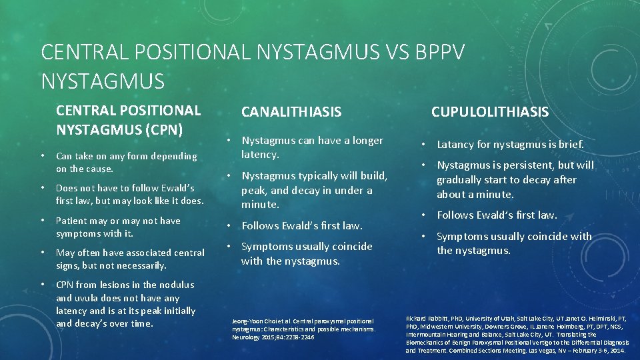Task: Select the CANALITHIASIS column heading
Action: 291,112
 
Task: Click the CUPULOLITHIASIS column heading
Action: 490,112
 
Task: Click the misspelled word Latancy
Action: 458,145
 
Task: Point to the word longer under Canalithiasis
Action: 361,141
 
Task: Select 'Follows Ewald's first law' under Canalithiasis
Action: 303,225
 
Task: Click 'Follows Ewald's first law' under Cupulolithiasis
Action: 497,215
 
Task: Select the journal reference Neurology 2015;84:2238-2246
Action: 273,337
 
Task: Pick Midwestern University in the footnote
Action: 458,327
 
